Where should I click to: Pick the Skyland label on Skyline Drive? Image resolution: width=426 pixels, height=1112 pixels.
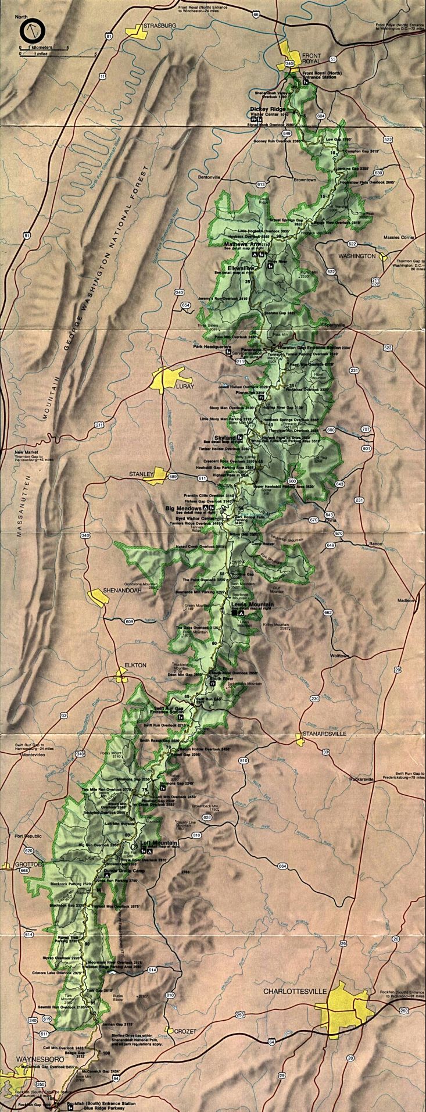point(225,437)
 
